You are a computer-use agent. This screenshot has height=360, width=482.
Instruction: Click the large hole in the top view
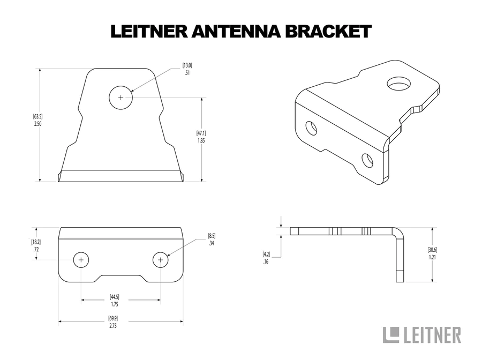[x=121, y=97]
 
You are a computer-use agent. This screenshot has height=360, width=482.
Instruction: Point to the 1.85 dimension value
[x=201, y=140]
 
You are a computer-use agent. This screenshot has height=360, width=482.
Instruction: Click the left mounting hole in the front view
[x=81, y=260]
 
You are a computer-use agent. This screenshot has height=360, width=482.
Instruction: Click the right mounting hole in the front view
[x=160, y=260]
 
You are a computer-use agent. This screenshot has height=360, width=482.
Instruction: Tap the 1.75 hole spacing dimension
[x=114, y=304]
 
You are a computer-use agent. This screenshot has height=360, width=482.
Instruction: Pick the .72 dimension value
[x=35, y=250]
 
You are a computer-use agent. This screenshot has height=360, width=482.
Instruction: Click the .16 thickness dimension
[x=266, y=262]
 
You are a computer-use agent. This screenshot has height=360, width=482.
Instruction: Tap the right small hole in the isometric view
[x=367, y=160]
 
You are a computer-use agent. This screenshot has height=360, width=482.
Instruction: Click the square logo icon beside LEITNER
[x=391, y=335]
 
